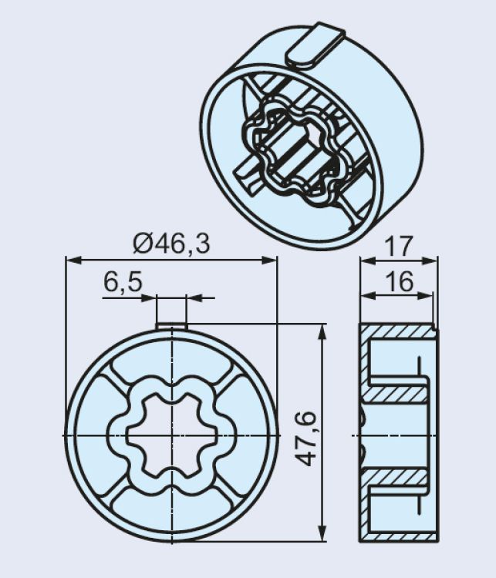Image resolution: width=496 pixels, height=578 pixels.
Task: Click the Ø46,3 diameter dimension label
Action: [171, 244]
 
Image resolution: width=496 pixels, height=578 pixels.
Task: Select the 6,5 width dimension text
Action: [123, 283]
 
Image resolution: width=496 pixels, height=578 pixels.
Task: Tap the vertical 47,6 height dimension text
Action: [306, 439]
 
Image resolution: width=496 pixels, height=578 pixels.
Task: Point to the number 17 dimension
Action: [398, 246]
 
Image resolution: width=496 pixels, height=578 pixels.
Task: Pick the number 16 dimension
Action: [399, 281]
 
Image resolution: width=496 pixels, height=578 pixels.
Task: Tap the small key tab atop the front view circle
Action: [171, 327]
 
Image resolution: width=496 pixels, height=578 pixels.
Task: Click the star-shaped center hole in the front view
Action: [172, 435]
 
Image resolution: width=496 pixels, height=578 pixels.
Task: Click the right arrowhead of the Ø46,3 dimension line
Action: [269, 260]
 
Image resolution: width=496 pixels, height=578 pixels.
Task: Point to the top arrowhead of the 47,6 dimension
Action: [323, 331]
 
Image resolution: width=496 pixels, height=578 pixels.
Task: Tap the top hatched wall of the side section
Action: [399, 331]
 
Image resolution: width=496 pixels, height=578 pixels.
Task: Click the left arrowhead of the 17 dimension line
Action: [368, 260]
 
